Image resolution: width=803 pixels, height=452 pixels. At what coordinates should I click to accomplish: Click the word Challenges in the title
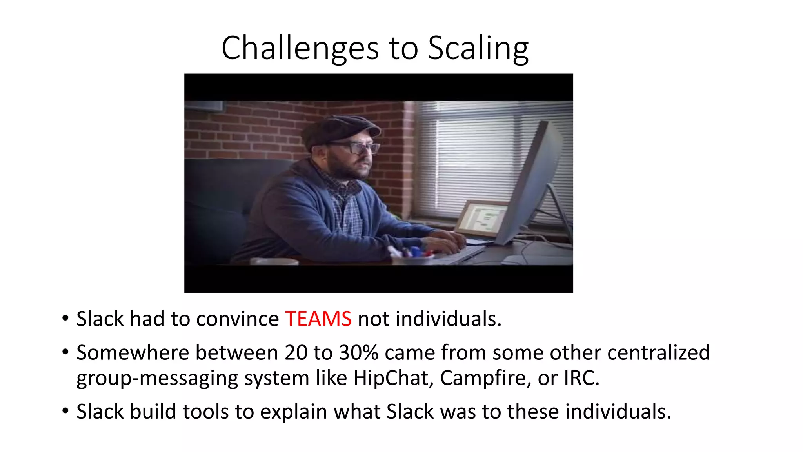coord(300,49)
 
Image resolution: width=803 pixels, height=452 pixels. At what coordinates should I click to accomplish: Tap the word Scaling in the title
coord(478,49)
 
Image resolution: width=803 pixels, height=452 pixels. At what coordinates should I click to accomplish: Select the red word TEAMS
coord(318,319)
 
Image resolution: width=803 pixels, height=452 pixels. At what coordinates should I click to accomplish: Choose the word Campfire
coord(485,378)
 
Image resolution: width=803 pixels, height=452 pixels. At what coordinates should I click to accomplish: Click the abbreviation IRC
coord(581,378)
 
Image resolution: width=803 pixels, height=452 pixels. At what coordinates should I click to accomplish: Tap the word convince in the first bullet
coord(237,319)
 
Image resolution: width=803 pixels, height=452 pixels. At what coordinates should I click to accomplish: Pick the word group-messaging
coord(157,378)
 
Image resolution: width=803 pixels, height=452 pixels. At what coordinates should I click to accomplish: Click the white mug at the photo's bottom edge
coord(274,261)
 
